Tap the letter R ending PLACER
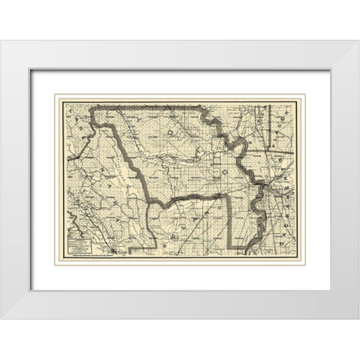point(283,100)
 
